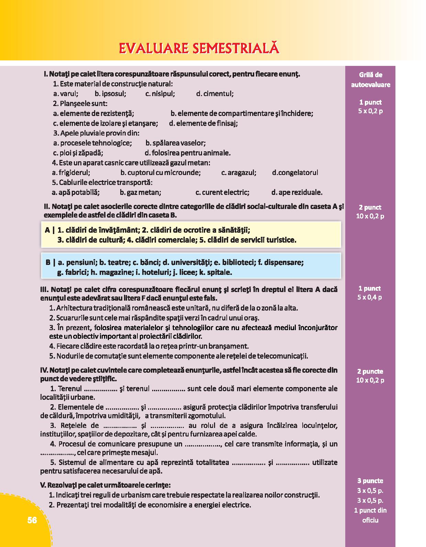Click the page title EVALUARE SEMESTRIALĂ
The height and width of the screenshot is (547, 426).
199,48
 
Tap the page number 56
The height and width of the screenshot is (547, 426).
32,520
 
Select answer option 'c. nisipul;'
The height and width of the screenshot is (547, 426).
160,94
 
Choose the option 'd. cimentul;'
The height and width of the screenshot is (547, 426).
215,94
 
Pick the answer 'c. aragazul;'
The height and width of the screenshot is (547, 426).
239,173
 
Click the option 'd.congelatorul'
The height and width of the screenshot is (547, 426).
295,173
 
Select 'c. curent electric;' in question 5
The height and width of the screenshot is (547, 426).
222,193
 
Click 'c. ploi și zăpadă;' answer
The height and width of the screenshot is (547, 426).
78,153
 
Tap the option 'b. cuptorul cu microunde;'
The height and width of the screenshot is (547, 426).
160,173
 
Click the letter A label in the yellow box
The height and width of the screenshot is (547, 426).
47,230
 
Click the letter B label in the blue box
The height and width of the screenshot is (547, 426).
48,263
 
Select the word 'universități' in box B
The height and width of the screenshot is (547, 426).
190,263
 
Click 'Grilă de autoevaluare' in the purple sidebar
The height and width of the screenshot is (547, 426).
370,80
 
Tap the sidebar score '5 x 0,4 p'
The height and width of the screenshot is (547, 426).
370,297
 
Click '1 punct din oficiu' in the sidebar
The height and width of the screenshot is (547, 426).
370,515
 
